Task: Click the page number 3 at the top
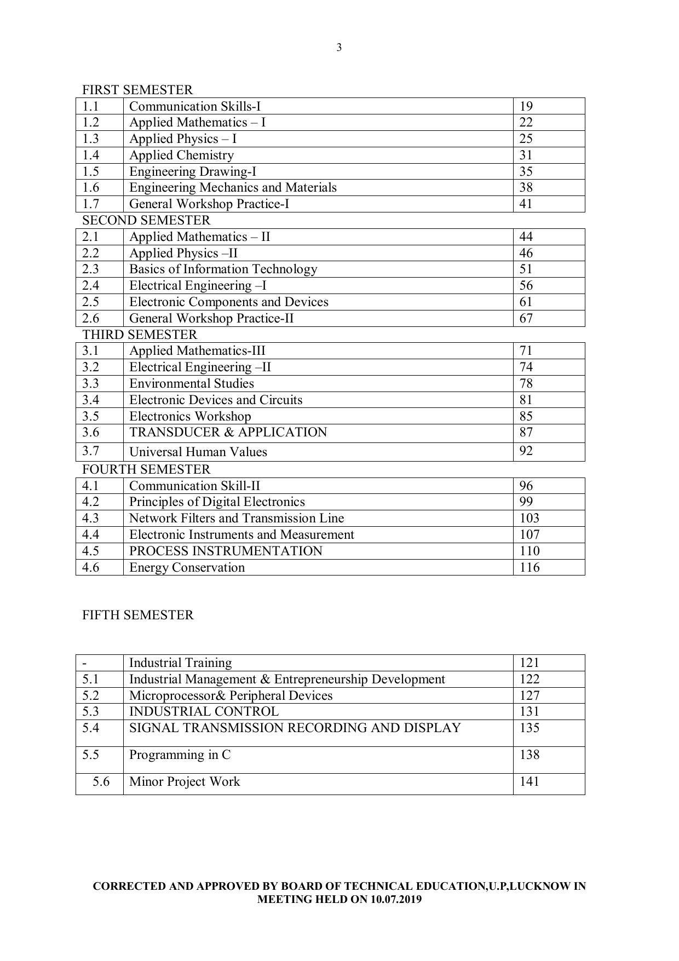click(339, 48)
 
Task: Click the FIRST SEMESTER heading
click(137, 90)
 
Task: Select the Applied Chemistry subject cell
click(181, 155)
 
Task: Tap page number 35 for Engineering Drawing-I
click(526, 171)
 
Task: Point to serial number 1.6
click(91, 187)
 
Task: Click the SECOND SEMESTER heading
click(146, 220)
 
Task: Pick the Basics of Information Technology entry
click(223, 269)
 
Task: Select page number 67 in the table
click(526, 318)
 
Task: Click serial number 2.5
click(91, 302)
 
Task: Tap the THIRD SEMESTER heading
click(140, 335)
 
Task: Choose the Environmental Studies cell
click(192, 383)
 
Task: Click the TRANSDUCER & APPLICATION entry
click(228, 432)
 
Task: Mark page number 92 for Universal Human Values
click(526, 451)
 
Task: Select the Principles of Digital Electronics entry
click(217, 502)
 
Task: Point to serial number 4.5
click(91, 551)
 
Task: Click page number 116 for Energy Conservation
click(530, 567)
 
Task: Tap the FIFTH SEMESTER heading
click(138, 615)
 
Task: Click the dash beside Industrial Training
click(85, 663)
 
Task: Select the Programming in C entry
click(180, 755)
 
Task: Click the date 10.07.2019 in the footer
click(396, 899)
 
